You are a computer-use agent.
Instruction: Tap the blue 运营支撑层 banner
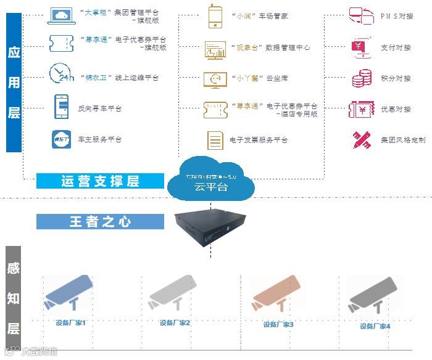(x=100, y=181)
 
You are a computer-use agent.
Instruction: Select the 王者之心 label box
(x=100, y=222)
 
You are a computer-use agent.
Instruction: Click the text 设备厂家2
(x=175, y=323)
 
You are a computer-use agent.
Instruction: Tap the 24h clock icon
(x=60, y=74)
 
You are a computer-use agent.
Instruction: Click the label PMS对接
(x=396, y=16)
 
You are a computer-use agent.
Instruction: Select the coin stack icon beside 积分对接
(x=361, y=78)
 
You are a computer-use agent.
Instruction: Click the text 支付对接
(x=396, y=47)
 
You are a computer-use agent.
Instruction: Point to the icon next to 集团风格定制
(x=361, y=140)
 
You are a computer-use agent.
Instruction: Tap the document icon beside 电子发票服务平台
(x=215, y=141)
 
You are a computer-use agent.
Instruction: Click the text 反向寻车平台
(x=100, y=108)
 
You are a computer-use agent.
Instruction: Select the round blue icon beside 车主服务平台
(x=60, y=139)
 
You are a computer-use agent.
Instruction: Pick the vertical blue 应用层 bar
(x=14, y=83)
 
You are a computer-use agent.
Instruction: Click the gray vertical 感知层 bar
(x=14, y=297)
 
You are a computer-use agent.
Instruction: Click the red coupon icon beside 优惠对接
(x=361, y=109)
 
